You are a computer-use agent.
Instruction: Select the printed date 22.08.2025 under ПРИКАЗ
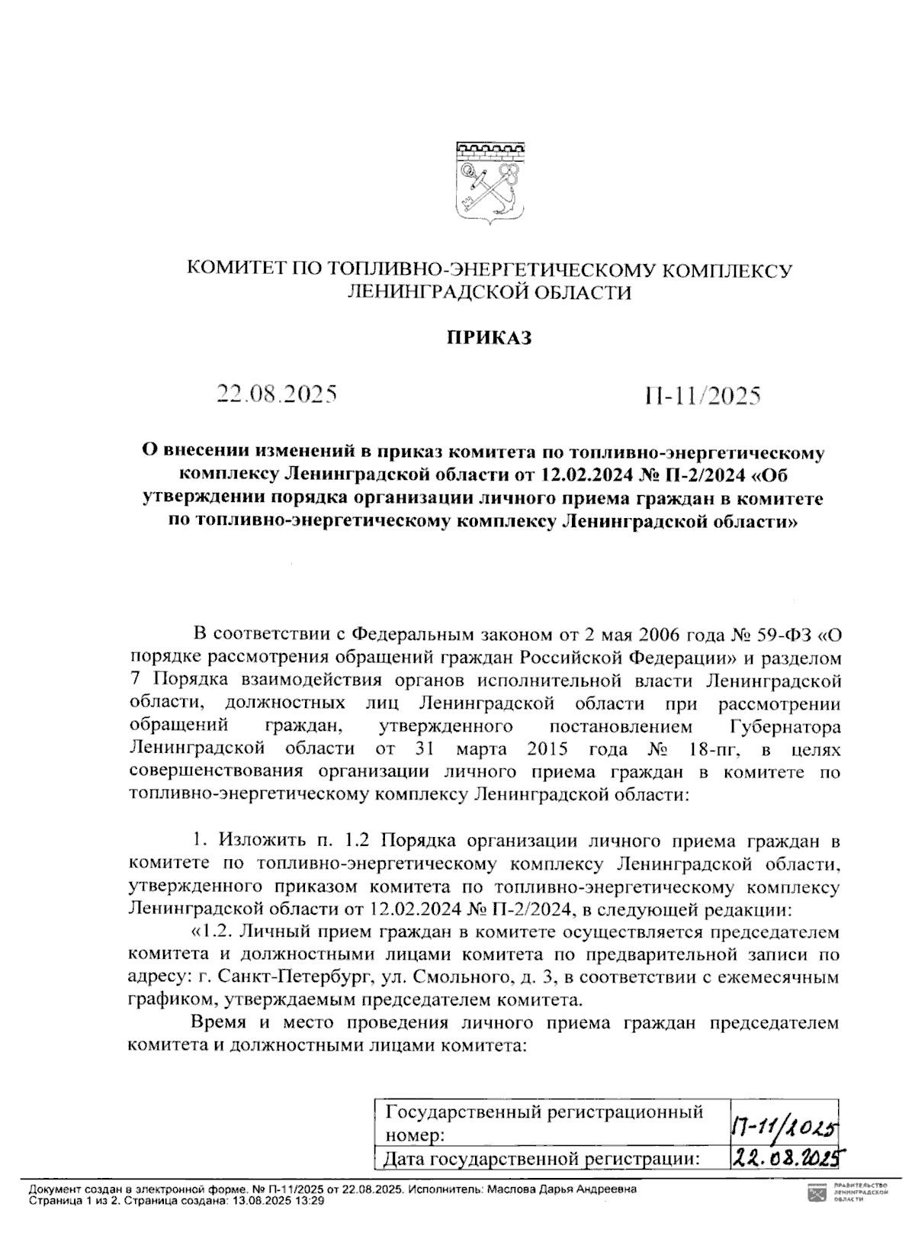[x=277, y=394]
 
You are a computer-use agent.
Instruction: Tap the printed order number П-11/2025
[x=702, y=395]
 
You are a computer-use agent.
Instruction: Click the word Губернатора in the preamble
[x=780, y=726]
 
